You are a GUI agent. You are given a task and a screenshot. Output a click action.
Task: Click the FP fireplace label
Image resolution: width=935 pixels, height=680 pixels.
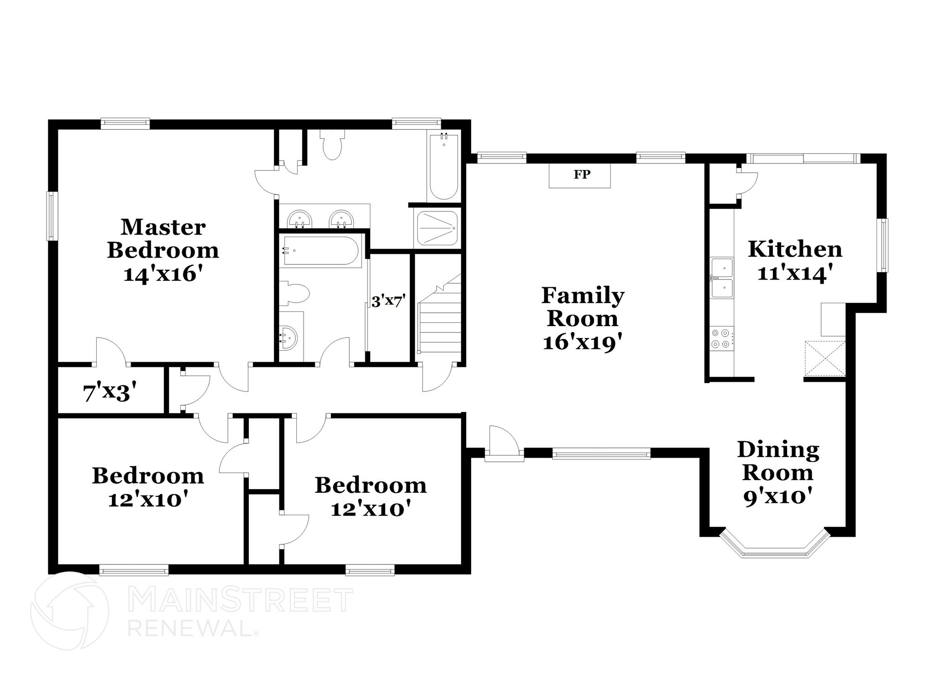pos(581,174)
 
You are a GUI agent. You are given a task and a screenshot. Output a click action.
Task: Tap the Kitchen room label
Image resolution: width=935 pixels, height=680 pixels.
pos(795,249)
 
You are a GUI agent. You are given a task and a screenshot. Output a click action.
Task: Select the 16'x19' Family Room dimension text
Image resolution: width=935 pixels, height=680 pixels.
pos(583,343)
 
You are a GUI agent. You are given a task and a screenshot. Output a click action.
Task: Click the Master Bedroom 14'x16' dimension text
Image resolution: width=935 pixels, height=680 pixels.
pos(163,274)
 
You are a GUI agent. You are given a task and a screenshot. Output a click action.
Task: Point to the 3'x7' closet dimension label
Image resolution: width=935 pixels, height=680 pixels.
pos(388,301)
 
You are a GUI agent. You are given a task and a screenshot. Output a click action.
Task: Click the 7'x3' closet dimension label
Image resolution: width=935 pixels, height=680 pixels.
pos(110,392)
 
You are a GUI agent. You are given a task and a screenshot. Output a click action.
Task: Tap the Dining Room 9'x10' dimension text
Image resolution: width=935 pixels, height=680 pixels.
pos(778,497)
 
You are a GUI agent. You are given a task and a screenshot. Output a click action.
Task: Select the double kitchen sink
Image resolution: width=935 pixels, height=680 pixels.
pos(721,278)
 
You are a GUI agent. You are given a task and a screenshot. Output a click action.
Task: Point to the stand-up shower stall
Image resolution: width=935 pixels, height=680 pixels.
pos(437,228)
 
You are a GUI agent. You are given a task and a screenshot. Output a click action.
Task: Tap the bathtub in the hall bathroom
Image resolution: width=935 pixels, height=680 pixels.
pos(322,250)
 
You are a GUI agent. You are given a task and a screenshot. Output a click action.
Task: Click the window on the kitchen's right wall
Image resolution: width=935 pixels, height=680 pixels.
pos(884,245)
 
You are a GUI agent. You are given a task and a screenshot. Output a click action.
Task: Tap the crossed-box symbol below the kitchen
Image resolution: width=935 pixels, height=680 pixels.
pos(825,359)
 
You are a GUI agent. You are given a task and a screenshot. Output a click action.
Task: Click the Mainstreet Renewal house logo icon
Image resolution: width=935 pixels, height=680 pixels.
pos(70,611)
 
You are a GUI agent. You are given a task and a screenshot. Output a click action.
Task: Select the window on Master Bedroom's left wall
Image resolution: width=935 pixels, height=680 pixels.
pos(52,216)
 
